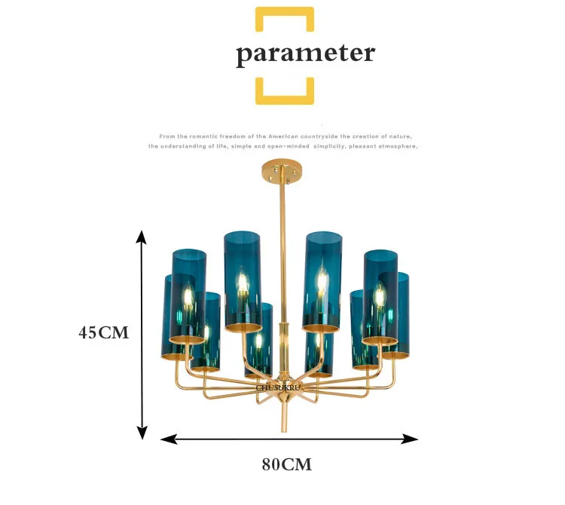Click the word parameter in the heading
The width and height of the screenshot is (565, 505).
[x=305, y=54]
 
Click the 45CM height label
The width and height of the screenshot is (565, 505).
[x=104, y=332]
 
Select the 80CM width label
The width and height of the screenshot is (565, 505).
[x=286, y=464]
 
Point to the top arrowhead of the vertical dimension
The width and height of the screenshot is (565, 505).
[x=141, y=237]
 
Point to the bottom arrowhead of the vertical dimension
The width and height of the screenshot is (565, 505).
[x=141, y=433]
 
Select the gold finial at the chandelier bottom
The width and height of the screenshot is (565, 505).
[x=283, y=418]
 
